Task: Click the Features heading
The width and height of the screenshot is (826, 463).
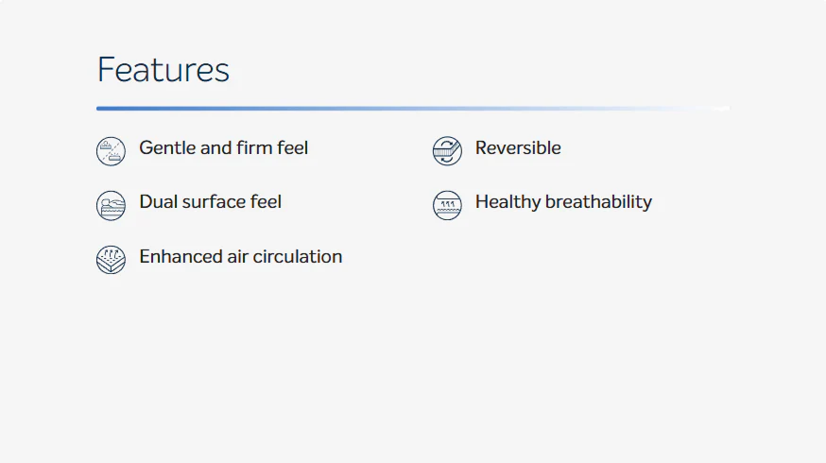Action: click(x=163, y=70)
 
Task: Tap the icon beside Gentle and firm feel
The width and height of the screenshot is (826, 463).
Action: click(x=111, y=151)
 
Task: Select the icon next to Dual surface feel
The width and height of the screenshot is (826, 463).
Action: click(x=111, y=205)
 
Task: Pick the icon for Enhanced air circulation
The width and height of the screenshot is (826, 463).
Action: click(x=111, y=260)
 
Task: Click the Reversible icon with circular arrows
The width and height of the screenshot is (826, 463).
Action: click(x=447, y=151)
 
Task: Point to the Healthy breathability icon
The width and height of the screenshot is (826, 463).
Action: click(x=447, y=205)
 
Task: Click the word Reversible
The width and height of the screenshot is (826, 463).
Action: click(x=518, y=148)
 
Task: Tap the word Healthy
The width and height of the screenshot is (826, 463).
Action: click(x=508, y=202)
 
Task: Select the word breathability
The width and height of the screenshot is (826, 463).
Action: click(x=598, y=202)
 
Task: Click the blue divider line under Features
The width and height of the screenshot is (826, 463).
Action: click(x=413, y=109)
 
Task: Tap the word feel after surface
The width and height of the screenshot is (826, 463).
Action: click(x=266, y=202)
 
